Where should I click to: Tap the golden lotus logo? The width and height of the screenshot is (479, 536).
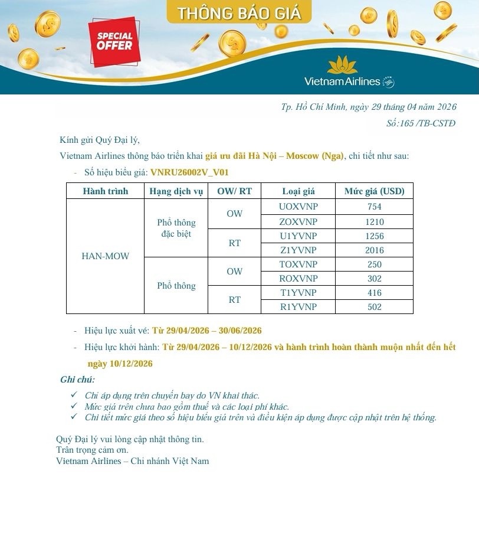(342, 64)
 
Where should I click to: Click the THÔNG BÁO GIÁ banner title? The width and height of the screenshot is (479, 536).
(239, 13)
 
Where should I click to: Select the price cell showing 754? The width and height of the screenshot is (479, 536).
(374, 207)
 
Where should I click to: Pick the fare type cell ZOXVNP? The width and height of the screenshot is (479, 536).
(298, 222)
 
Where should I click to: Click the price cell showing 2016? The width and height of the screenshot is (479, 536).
(374, 250)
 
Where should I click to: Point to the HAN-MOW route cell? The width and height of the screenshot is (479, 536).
(105, 256)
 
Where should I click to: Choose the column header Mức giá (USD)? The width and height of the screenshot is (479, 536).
(374, 191)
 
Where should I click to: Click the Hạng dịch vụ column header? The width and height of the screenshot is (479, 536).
(176, 191)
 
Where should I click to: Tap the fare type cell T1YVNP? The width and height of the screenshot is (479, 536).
(298, 293)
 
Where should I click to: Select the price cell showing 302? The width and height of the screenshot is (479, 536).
(374, 279)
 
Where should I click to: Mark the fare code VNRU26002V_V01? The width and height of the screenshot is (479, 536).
(189, 172)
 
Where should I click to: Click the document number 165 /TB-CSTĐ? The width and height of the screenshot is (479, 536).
(421, 123)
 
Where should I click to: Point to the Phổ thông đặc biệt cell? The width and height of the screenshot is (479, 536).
(176, 228)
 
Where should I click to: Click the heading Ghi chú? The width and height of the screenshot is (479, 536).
(77, 380)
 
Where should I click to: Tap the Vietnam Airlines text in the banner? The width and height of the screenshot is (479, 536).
(342, 81)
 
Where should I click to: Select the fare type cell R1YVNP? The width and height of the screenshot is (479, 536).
(298, 307)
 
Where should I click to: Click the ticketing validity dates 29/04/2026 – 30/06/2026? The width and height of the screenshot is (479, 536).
(206, 331)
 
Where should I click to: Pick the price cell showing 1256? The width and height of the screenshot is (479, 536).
(374, 236)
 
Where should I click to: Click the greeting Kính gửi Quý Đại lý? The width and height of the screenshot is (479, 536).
(100, 140)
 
